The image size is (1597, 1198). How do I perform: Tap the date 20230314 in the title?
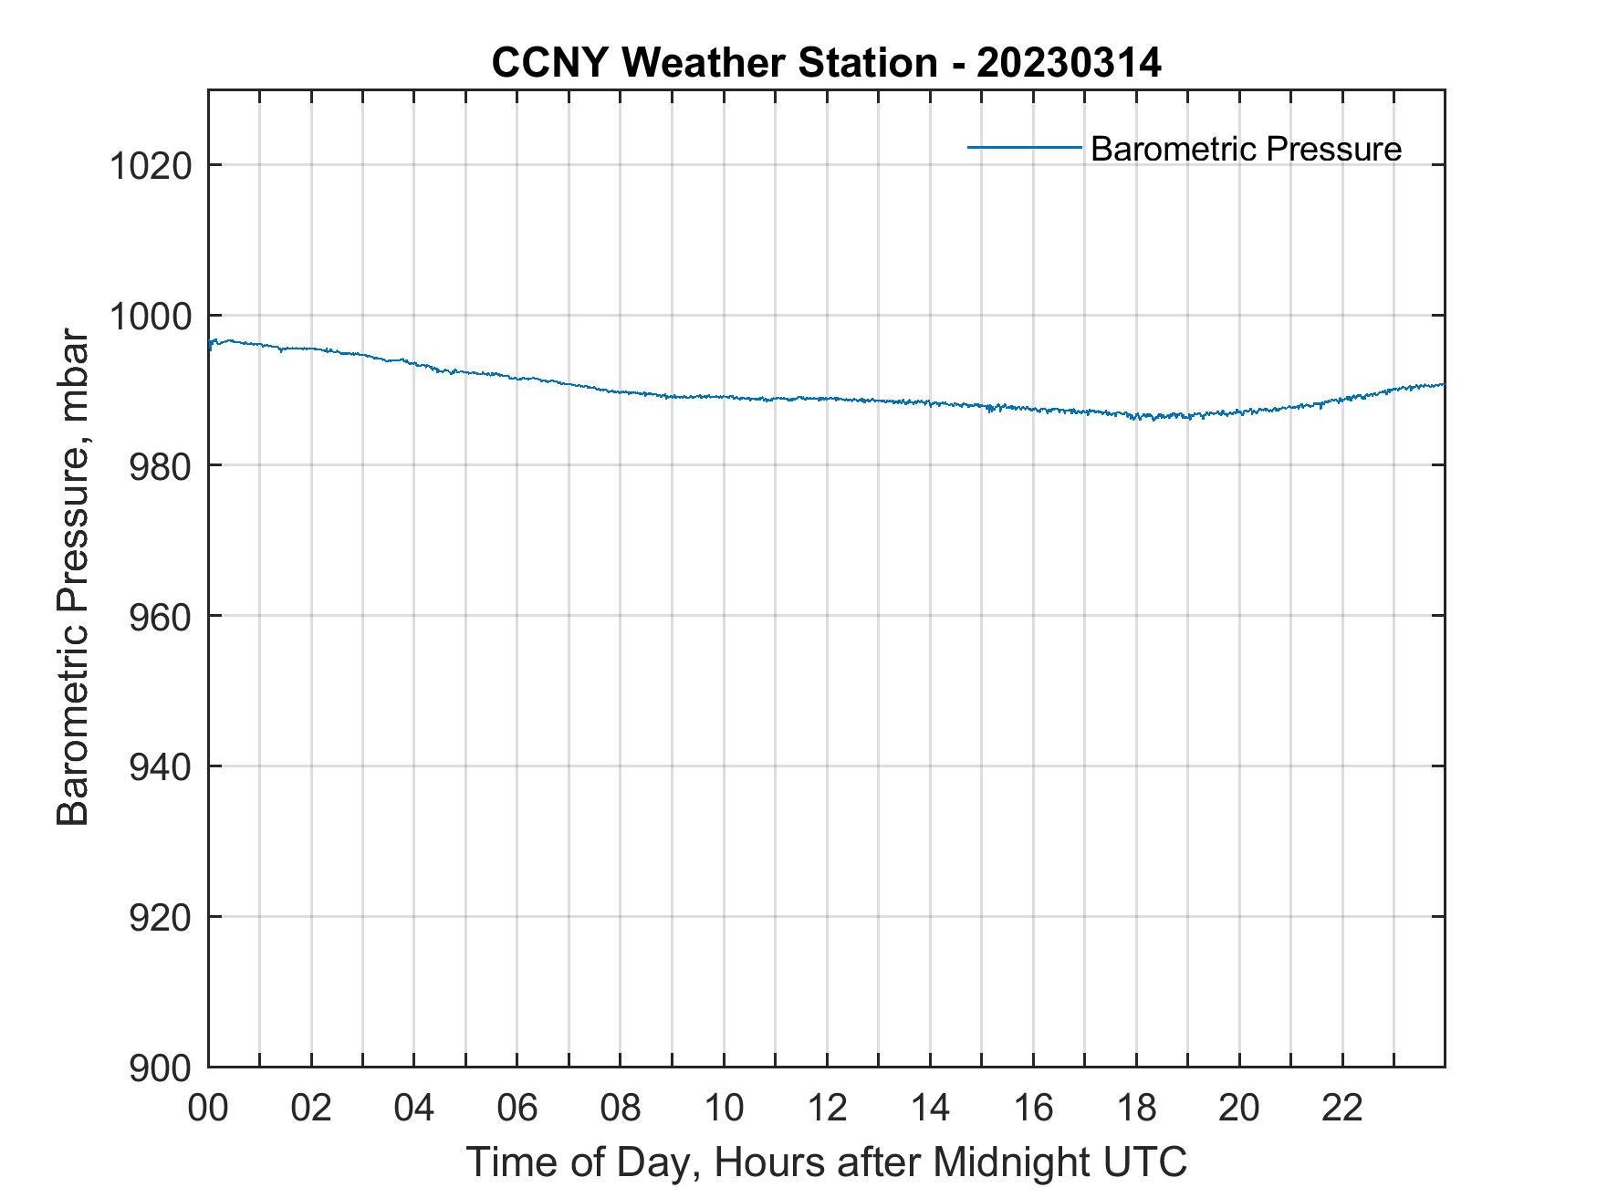(1069, 63)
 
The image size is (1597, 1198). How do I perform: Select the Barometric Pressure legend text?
(1246, 149)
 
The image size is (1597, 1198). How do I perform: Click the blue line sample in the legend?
(1024, 147)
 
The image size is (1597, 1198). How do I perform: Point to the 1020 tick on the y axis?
(150, 166)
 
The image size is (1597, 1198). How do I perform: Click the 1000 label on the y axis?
(150, 317)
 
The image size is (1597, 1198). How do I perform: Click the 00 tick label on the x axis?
(208, 1109)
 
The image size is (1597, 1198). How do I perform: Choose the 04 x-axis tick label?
(414, 1109)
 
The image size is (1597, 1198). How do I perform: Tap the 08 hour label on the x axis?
(621, 1109)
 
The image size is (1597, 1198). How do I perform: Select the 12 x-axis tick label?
(827, 1109)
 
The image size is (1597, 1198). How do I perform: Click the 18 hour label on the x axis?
(1136, 1109)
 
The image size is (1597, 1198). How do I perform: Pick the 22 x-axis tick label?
(1342, 1109)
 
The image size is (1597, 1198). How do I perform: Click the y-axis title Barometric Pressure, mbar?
(73, 578)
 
